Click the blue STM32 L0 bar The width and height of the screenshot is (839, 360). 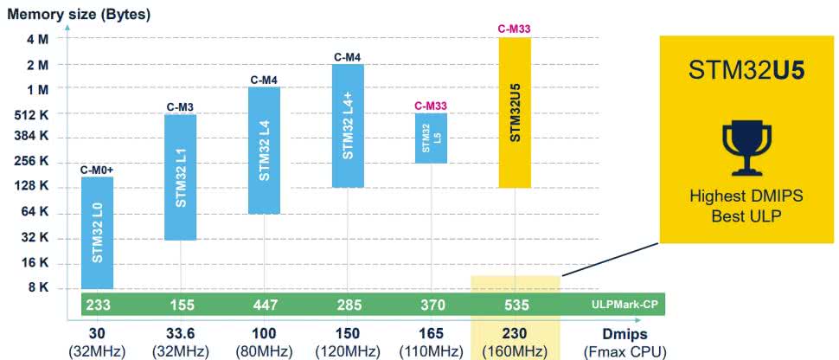pos(98,232)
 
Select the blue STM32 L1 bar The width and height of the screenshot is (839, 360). pos(181,177)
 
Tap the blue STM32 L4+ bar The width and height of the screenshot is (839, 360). pos(348,125)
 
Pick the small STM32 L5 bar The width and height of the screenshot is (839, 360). pos(430,138)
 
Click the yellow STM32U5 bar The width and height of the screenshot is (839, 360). pos(514,112)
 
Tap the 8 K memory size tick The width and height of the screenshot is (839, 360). pos(38,287)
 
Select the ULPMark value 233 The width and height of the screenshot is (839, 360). pos(97,305)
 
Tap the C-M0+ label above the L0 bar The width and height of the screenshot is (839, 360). pos(97,170)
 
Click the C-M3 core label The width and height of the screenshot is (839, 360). pos(180,107)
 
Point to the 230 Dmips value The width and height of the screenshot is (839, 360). pos(515,333)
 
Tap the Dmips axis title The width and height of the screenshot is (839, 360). pos(624,333)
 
